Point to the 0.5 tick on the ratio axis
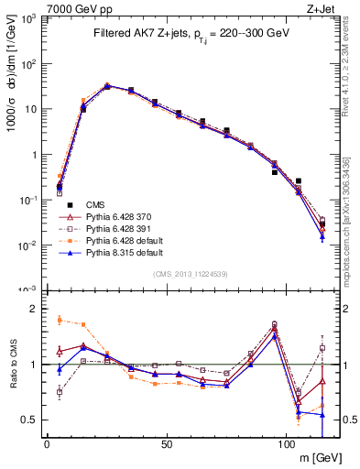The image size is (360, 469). click(30, 420)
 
